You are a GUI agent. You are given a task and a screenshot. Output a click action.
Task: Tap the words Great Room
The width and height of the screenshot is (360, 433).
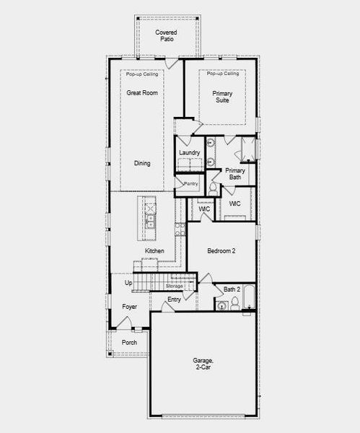point(142,92)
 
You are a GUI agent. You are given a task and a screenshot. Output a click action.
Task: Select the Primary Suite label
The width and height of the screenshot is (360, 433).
point(221,97)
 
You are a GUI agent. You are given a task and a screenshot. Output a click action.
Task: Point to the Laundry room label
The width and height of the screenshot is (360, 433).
point(189,153)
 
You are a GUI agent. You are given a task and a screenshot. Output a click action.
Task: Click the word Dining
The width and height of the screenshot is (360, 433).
point(142,163)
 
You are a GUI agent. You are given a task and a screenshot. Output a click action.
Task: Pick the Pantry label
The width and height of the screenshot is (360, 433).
point(190,183)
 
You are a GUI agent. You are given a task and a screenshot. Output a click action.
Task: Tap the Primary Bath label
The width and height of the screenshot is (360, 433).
point(235,173)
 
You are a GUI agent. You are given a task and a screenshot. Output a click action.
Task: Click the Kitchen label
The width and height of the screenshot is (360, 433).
point(154,251)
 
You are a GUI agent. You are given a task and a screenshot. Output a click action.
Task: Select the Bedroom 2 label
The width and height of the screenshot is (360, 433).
point(221,250)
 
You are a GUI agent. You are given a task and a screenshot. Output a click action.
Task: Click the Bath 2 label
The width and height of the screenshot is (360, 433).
point(232,289)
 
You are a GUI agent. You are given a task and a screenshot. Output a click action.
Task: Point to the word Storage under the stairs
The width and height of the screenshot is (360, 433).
point(175,286)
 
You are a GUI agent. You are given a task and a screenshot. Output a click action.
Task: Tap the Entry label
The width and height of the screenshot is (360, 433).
point(174,299)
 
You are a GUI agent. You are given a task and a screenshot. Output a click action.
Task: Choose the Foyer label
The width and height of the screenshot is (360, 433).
point(129,307)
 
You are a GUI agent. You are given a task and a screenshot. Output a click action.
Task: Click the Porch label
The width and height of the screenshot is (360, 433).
point(129,342)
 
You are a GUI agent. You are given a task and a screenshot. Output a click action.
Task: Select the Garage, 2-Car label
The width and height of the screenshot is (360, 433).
point(203,364)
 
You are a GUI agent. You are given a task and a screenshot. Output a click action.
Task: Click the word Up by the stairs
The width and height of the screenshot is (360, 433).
point(128,283)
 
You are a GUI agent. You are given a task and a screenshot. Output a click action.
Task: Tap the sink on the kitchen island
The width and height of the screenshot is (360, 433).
point(151,216)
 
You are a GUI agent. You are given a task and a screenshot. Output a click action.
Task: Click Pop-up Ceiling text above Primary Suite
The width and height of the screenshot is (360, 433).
point(222,74)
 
